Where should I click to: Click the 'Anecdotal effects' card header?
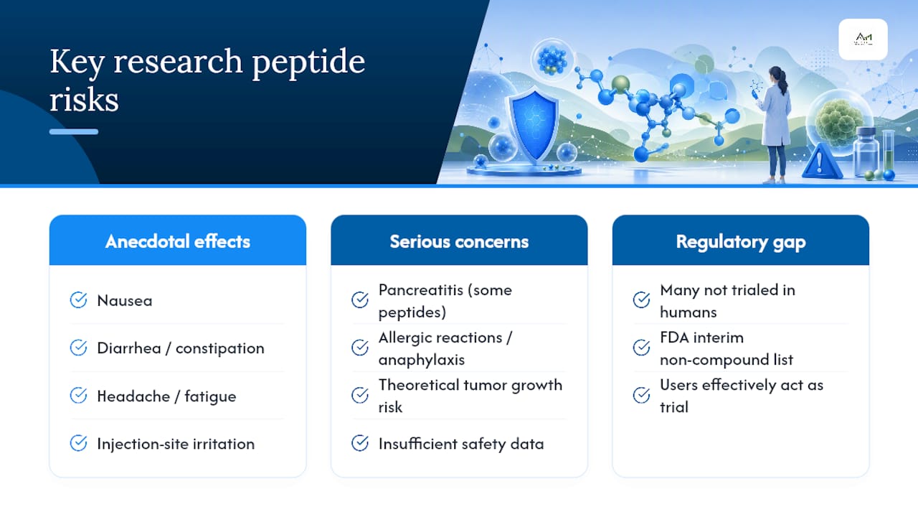(177, 241)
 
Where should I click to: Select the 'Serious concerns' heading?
(459, 241)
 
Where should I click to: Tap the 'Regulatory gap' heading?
(741, 242)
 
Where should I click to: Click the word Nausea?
(125, 301)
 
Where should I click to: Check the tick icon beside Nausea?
(78, 300)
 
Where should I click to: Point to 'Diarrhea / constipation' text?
(181, 348)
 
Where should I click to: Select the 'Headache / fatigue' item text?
(166, 396)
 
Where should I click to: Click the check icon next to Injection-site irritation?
(78, 443)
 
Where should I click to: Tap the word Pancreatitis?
(420, 290)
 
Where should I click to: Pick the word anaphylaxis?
(422, 360)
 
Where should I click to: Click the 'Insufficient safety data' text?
(461, 444)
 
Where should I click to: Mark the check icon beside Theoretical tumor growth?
(360, 396)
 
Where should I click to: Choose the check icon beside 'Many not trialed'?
(641, 300)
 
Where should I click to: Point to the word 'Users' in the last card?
(678, 386)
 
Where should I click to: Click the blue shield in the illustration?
(534, 126)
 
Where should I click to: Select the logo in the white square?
(863, 39)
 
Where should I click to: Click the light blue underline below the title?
(74, 131)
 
